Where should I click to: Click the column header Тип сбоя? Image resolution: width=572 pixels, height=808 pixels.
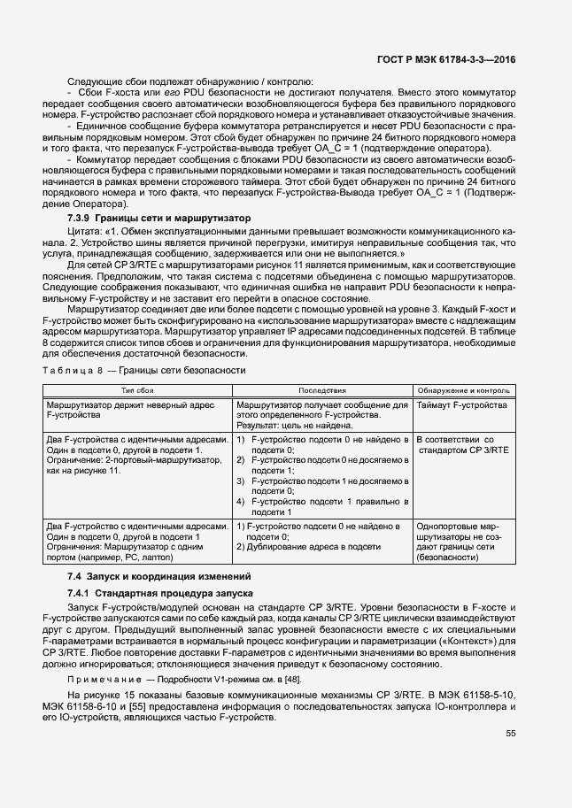tap(137, 389)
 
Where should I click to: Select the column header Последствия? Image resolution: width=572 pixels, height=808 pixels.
tap(322, 389)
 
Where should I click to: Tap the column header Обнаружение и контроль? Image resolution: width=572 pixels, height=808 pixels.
tap(462, 389)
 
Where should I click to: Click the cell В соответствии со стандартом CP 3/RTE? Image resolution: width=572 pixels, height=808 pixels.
tap(461, 444)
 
